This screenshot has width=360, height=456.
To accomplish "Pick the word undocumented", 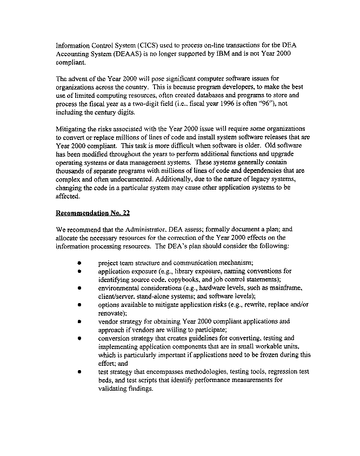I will [117, 179].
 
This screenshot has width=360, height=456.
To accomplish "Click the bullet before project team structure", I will [79, 263].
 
